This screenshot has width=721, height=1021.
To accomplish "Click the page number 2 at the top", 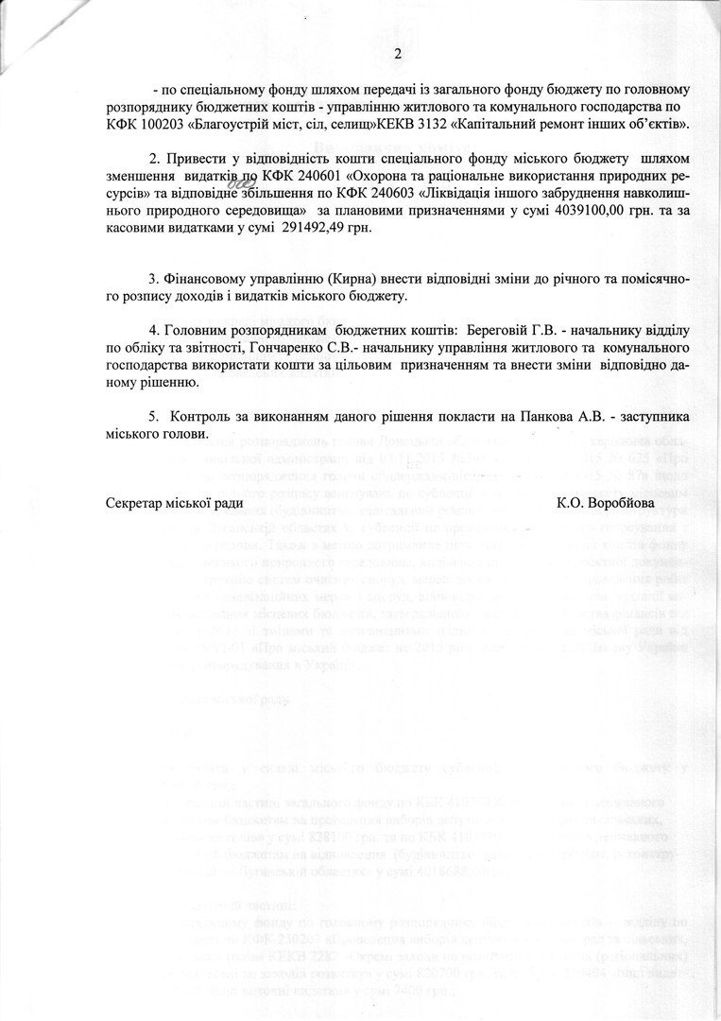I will click(x=398, y=54).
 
